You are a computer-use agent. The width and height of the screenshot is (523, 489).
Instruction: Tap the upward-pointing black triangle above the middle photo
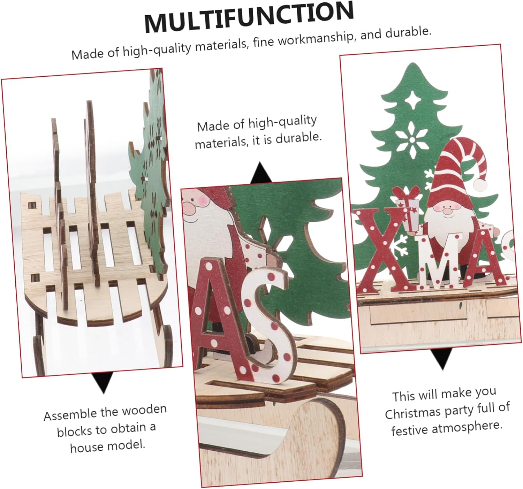[261, 173]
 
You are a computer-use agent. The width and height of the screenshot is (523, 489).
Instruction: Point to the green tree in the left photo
[150, 174]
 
